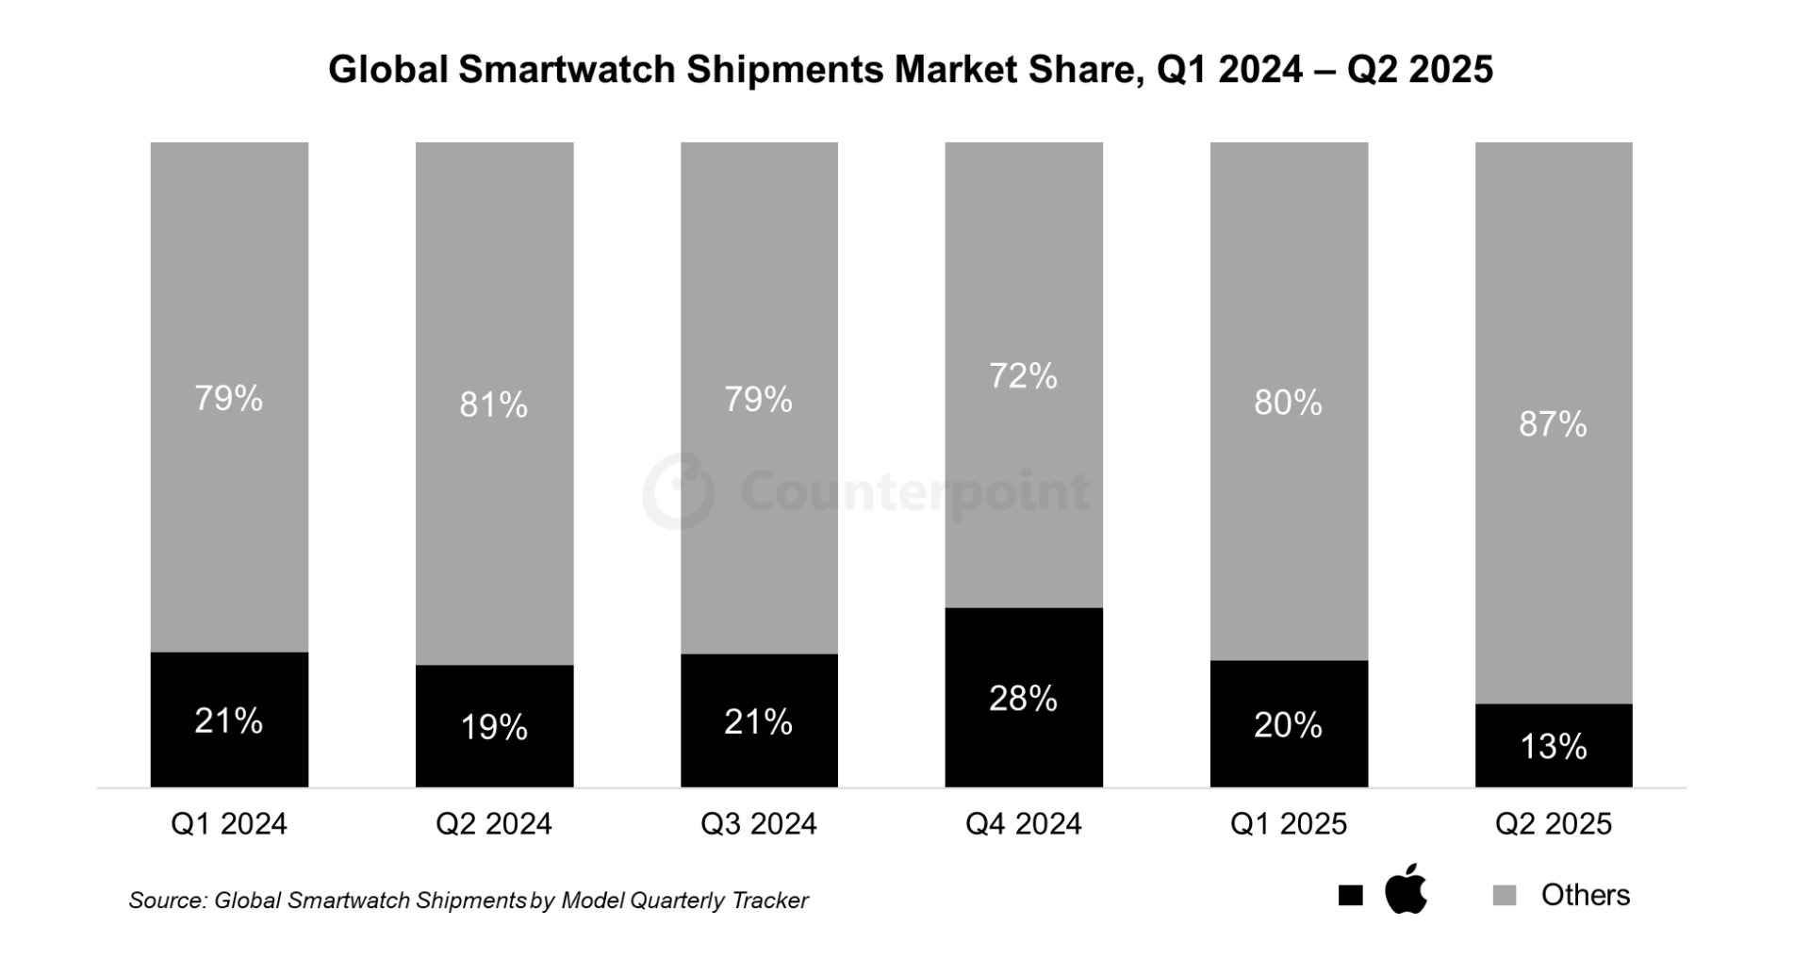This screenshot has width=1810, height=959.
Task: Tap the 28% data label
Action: pyautogui.click(x=1023, y=699)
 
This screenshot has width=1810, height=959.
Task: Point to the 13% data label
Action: pyautogui.click(x=1554, y=747)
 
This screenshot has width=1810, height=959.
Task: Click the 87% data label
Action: pyautogui.click(x=1553, y=424)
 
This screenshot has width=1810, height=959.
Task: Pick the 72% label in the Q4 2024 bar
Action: pyautogui.click(x=1023, y=376)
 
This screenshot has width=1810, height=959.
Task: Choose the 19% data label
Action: pyautogui.click(x=493, y=727)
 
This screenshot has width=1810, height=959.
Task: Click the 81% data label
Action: pyautogui.click(x=493, y=405)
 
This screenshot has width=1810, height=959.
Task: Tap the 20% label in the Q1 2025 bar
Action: pyautogui.click(x=1288, y=725)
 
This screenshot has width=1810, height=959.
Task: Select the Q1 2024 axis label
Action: pyautogui.click(x=228, y=824)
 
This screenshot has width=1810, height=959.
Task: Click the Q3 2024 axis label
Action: pyautogui.click(x=758, y=824)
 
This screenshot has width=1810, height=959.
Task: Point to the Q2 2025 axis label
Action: pyautogui.click(x=1554, y=824)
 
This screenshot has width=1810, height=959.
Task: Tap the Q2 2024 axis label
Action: pyautogui.click(x=493, y=824)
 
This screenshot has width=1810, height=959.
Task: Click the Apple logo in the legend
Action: pyautogui.click(x=1406, y=889)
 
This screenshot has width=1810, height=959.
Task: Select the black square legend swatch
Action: pyautogui.click(x=1350, y=896)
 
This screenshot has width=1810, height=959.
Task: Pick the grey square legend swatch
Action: pyautogui.click(x=1505, y=896)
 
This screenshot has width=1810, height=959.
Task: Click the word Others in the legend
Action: pyautogui.click(x=1586, y=895)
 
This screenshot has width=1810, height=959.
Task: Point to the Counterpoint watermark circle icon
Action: pyautogui.click(x=679, y=490)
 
